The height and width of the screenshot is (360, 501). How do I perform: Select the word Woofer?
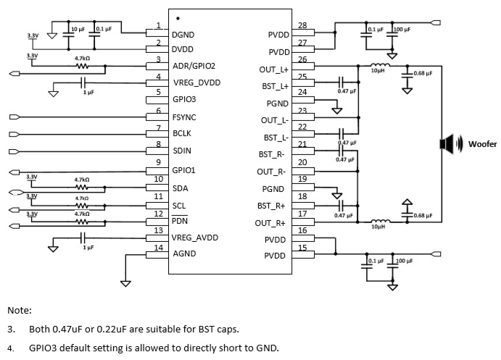pos(482,144)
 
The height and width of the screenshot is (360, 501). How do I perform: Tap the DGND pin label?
pos(183,35)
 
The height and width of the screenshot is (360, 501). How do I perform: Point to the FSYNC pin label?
pos(185,117)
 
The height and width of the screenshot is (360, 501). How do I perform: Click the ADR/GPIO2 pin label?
pos(194,66)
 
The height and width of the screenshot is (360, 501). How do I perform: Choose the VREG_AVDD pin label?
pos(194,238)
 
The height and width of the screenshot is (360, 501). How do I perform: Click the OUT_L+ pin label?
pos(274,70)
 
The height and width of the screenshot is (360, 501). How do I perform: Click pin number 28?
pos(302,26)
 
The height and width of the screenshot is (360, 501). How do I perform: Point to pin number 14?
pos(157,248)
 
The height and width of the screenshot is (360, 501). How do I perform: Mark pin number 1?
pos(157,26)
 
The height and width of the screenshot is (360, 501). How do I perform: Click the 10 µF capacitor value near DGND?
pos(77,28)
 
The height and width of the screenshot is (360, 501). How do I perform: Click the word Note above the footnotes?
pos(19,310)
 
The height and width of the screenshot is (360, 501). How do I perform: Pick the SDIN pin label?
pos(183,151)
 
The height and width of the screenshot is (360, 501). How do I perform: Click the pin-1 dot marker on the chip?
pos(178,18)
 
